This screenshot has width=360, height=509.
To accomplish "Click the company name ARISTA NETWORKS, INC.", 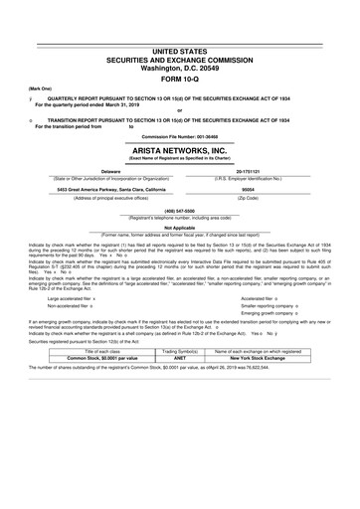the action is (x=180, y=145).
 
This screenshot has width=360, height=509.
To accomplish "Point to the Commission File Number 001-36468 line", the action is (x=180, y=132).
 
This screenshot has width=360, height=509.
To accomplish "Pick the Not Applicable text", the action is (x=180, y=227).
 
